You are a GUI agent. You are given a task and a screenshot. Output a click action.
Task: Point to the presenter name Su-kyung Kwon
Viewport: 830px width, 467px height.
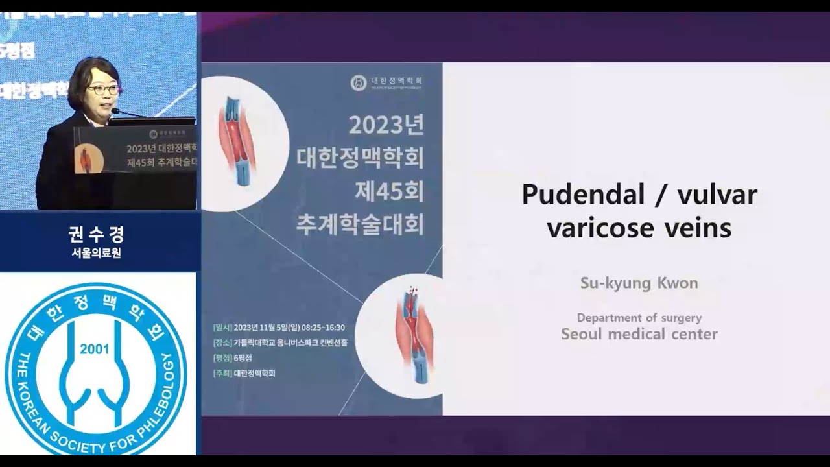click(x=639, y=283)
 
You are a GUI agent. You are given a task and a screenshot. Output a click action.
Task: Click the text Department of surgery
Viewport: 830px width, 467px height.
click(x=639, y=318)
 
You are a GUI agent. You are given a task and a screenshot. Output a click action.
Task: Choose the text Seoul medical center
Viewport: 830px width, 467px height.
click(x=639, y=334)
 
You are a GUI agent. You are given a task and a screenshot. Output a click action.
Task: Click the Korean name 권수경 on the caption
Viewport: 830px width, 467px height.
click(x=96, y=234)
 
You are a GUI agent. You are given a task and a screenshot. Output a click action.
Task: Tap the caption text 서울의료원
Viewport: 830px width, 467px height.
click(x=96, y=253)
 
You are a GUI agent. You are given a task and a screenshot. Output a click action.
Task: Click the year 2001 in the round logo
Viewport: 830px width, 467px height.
click(x=95, y=350)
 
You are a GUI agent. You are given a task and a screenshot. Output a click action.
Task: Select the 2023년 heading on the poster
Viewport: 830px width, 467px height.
click(x=386, y=125)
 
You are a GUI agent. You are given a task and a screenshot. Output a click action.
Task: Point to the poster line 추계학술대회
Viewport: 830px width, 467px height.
click(x=360, y=224)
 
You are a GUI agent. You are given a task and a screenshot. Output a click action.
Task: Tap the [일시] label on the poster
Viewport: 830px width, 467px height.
click(x=222, y=328)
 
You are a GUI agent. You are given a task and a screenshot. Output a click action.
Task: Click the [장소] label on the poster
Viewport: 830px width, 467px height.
click(x=222, y=342)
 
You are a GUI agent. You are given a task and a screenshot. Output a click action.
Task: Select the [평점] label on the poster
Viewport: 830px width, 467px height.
click(x=222, y=358)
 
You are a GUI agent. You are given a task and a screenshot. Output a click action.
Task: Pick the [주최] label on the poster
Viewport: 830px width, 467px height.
click(x=222, y=374)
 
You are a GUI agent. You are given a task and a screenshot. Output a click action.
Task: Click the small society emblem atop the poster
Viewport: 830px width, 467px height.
click(x=359, y=82)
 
